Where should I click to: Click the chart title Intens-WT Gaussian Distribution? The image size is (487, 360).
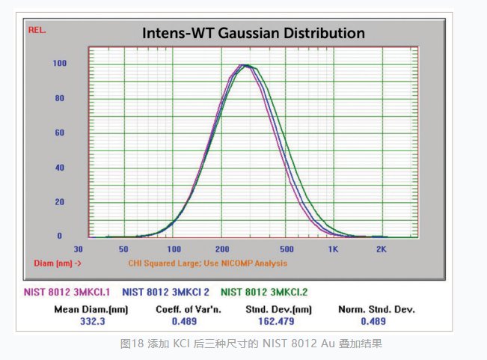tap(254, 34)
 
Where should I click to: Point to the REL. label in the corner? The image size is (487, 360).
tap(37, 30)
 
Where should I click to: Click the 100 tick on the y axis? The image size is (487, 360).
tap(60, 64)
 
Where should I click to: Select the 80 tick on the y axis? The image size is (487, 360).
tap(60, 98)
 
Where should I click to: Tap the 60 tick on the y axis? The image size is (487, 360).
tap(60, 132)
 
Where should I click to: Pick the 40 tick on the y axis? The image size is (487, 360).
tap(60, 167)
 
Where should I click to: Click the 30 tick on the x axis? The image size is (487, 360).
tap(78, 248)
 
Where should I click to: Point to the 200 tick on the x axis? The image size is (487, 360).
tap(221, 248)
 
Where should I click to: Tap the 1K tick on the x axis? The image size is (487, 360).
tap(334, 248)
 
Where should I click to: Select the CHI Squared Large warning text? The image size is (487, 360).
tap(207, 263)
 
